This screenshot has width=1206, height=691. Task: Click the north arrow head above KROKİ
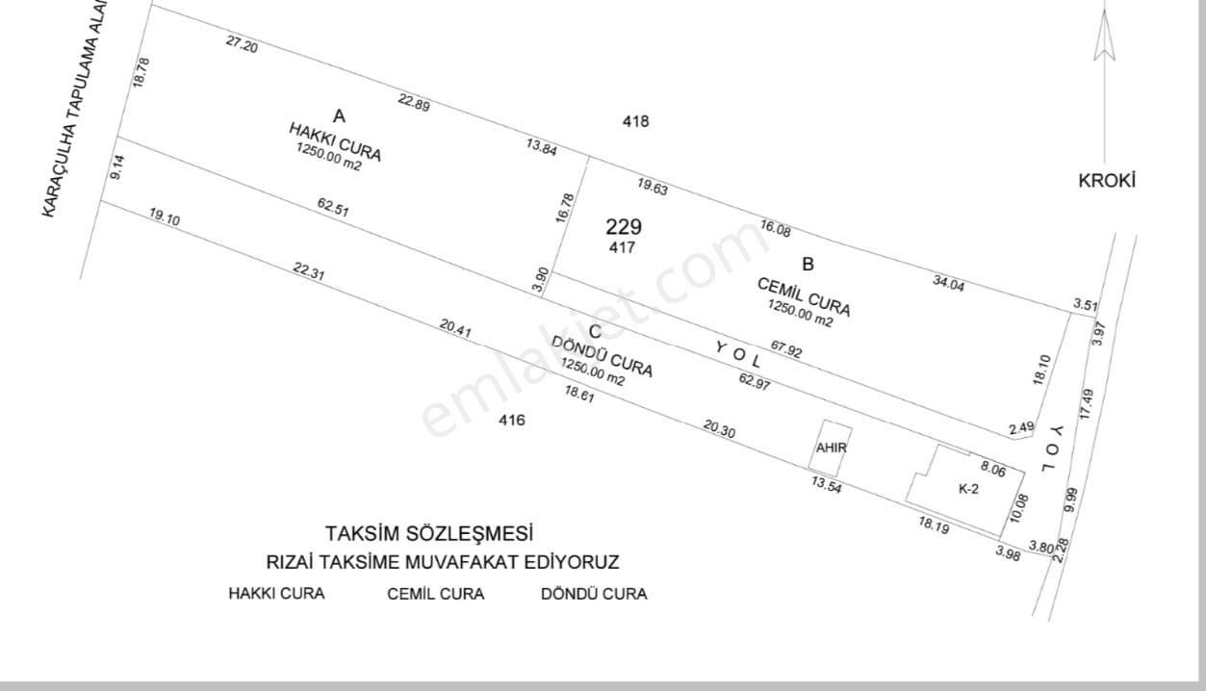(1104, 35)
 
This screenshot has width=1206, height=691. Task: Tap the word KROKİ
(1107, 181)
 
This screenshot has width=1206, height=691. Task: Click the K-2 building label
(968, 489)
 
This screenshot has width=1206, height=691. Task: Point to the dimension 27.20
(242, 44)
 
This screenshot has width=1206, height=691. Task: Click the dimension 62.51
(333, 207)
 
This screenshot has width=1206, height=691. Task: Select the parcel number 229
(624, 227)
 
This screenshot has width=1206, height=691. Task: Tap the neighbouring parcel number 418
(636, 121)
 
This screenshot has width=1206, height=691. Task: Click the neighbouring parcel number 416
(511, 420)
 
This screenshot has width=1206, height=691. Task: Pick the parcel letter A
(339, 115)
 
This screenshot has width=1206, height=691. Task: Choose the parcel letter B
(808, 265)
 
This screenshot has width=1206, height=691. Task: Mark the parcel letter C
(595, 331)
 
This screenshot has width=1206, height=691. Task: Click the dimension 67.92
(786, 348)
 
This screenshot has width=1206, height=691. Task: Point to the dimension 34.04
(949, 283)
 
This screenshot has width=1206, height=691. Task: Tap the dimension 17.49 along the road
(1087, 405)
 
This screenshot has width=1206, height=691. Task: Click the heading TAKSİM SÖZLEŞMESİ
(429, 534)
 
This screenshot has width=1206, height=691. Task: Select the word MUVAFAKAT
(461, 562)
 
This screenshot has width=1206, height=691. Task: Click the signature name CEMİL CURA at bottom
(436, 594)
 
